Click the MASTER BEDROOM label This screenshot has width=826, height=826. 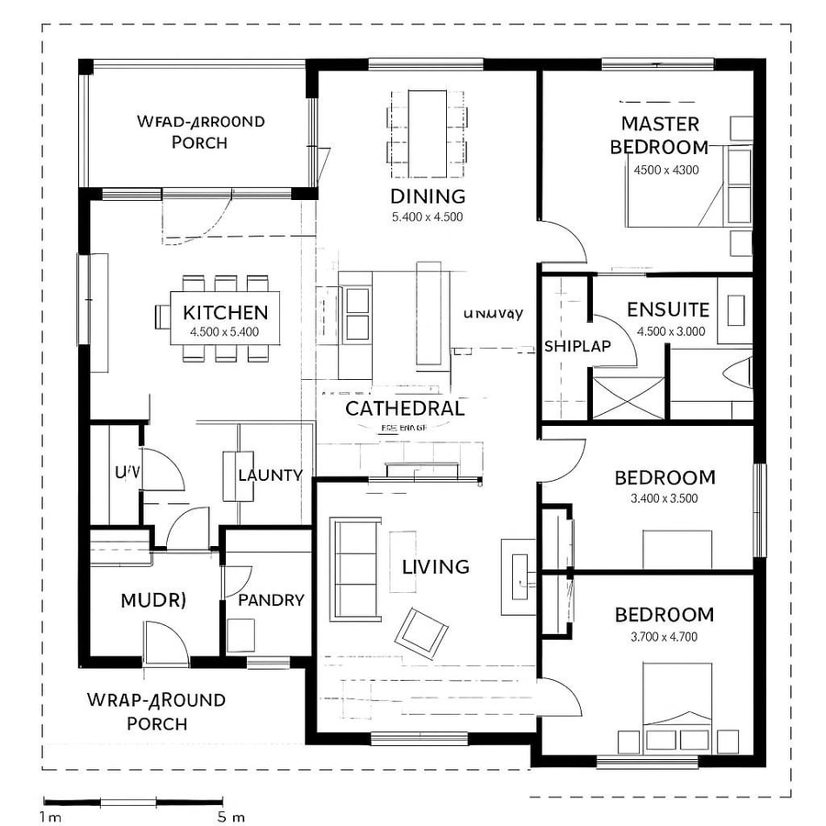point(660,135)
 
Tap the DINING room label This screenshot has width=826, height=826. point(428,195)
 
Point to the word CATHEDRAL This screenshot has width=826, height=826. point(405,408)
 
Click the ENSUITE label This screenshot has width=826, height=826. point(668,309)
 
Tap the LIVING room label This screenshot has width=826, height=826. point(436,566)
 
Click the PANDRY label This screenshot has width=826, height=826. point(271,600)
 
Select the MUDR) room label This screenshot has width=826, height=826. point(153,600)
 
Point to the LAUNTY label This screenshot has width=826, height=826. point(270,474)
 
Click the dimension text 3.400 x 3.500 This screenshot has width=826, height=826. point(664,499)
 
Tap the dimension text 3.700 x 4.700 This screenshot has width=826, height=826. point(664,636)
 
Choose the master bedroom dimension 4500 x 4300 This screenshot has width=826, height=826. point(666,170)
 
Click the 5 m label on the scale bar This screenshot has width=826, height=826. point(231,816)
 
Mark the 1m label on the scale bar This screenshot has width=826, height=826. point(51,816)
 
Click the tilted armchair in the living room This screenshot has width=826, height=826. point(420,631)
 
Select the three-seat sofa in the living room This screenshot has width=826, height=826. point(356,569)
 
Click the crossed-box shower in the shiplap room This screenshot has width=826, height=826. point(627,397)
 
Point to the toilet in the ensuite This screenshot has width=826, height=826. point(739,372)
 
